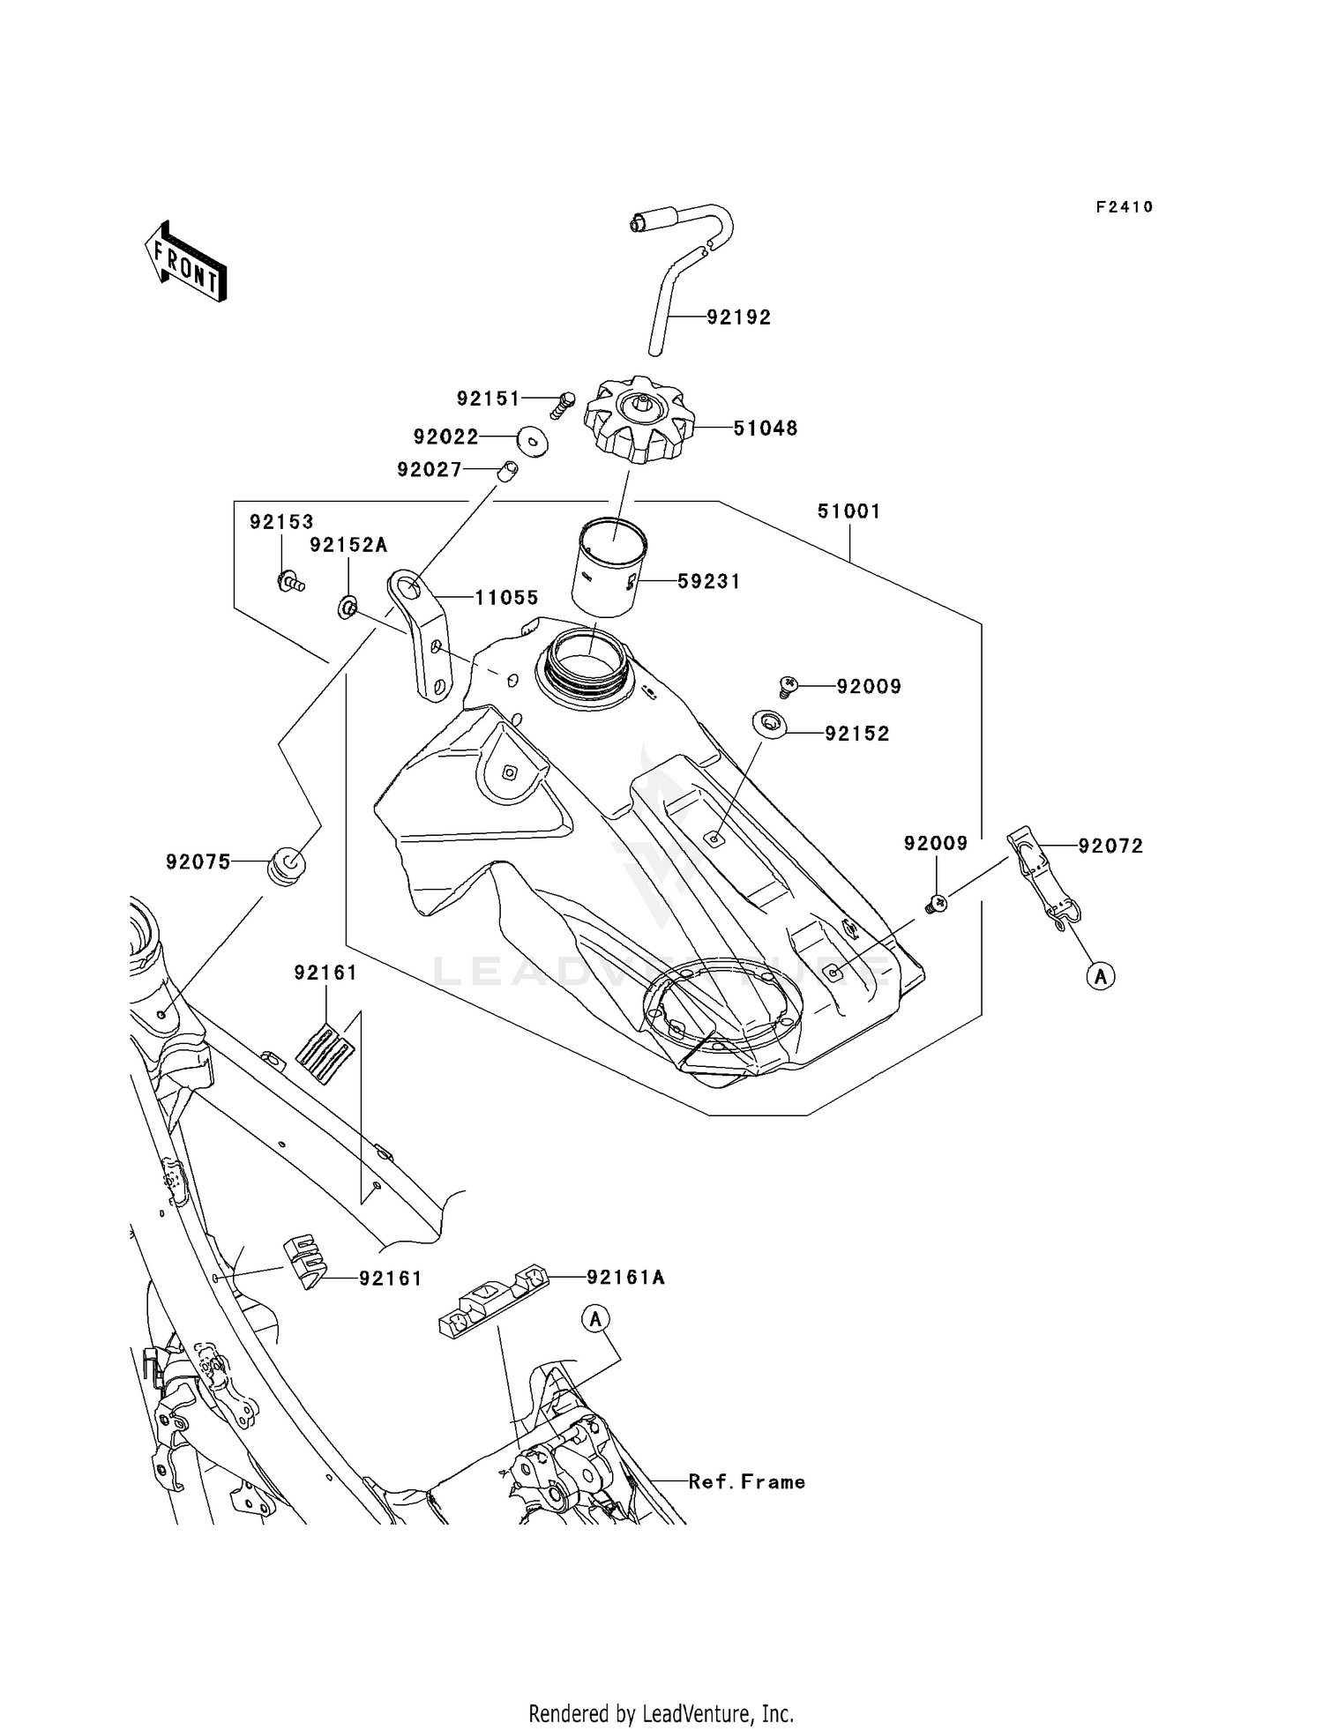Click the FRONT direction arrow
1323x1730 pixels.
tap(186, 264)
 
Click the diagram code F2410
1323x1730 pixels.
tap(1125, 207)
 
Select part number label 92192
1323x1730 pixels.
tap(738, 317)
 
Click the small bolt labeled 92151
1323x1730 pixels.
tap(561, 406)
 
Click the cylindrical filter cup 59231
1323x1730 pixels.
tap(609, 569)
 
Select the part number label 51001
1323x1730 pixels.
tap(848, 511)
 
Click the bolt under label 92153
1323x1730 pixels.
tap(289, 581)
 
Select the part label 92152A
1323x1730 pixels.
tap(348, 546)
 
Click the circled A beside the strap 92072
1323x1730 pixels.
tap(1100, 976)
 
